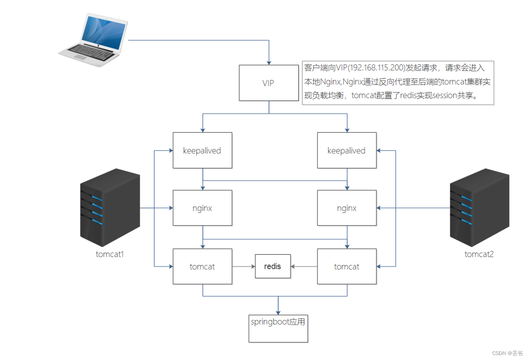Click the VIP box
pos(268,83)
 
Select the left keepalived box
pos(202,150)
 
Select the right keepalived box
pos(347,150)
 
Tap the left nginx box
pos(202,208)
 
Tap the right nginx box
pos(347,208)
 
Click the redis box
pos(272,266)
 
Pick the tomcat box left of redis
pos(202,266)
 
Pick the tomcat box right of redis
pos(347,266)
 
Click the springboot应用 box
pos(278,327)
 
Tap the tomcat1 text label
pos(110,254)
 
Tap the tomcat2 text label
pos(479,254)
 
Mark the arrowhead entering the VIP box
pos(269,62)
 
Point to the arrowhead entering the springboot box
pos(278,310)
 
